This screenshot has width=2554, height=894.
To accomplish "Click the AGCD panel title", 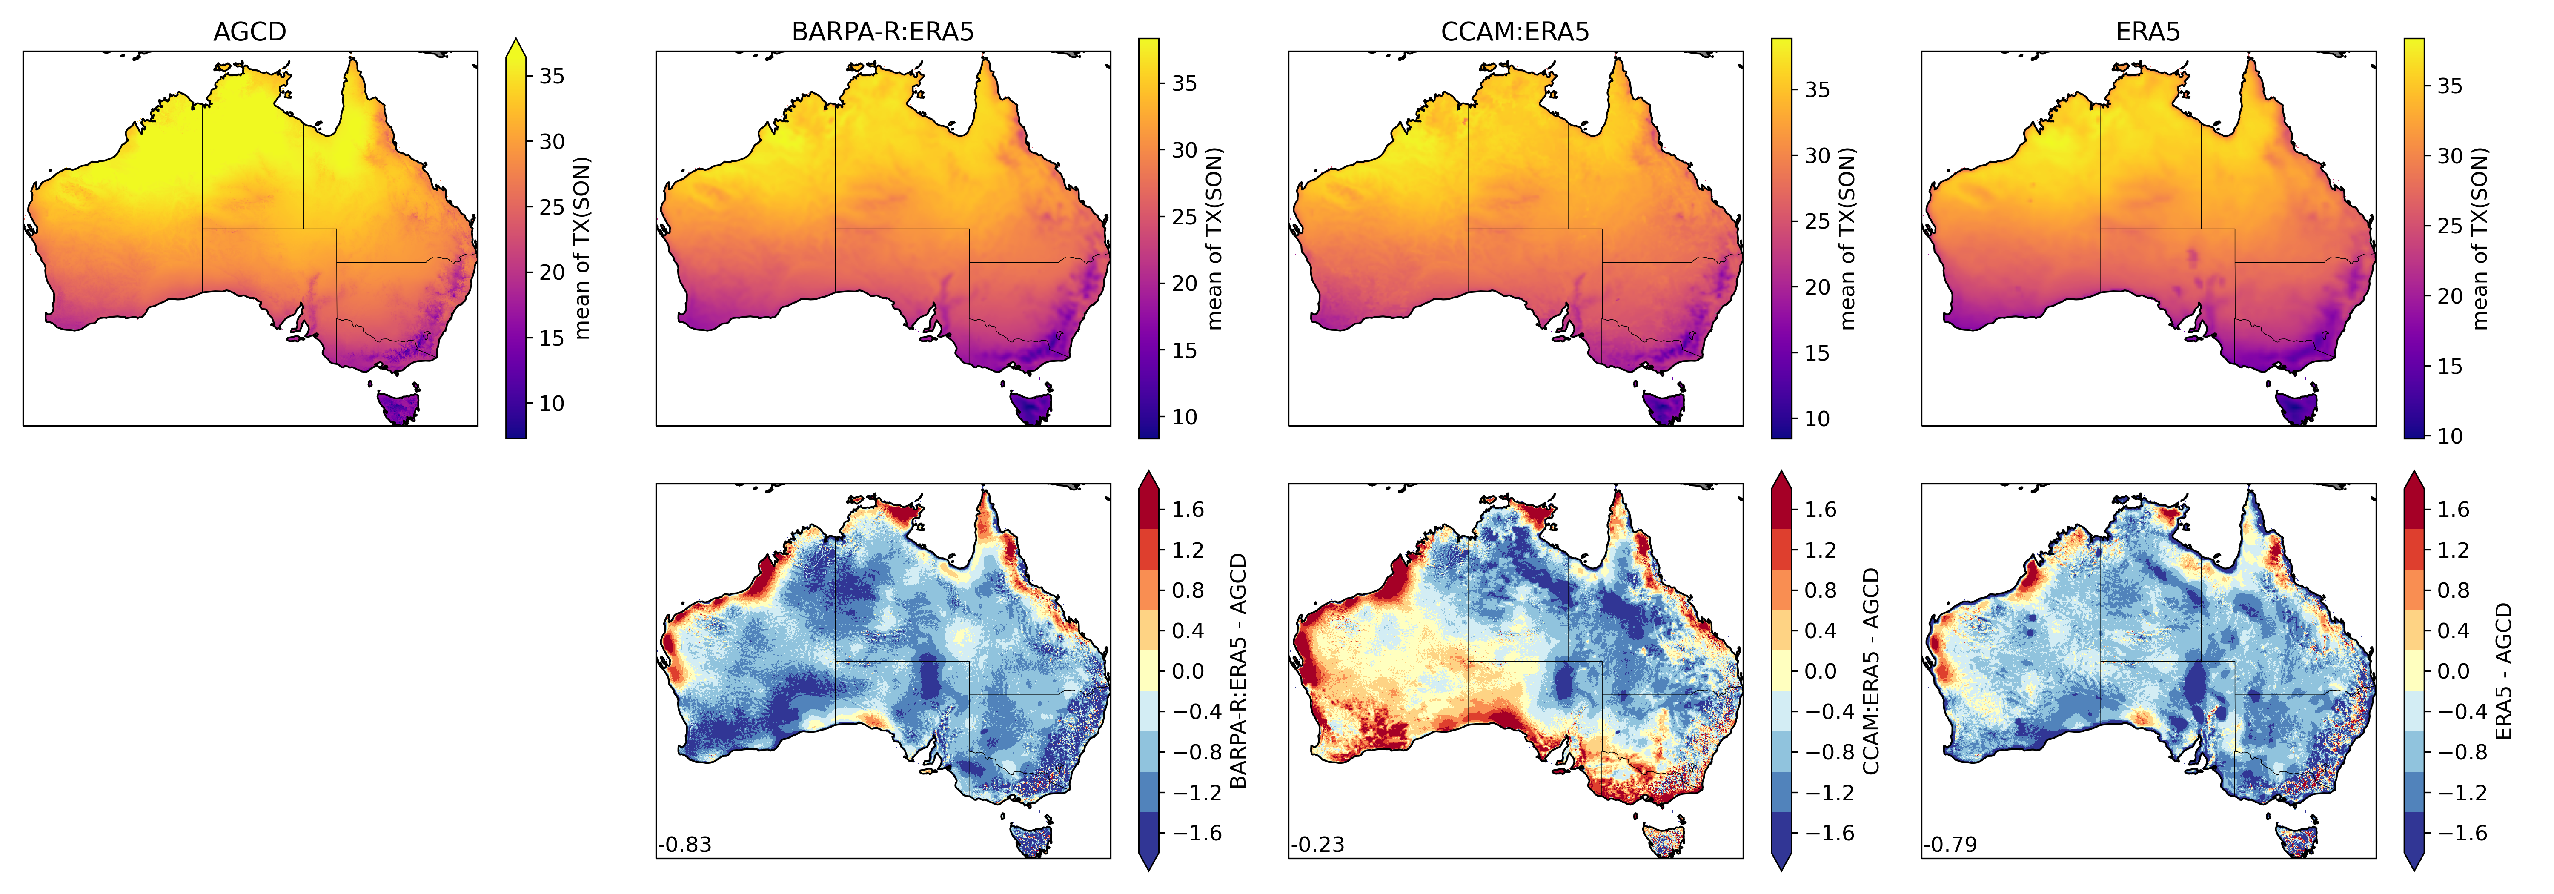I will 250,32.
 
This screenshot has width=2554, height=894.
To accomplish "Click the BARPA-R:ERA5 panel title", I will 882,32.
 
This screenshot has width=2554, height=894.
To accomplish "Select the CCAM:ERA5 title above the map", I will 1515,32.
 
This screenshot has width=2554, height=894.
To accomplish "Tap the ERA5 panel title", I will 2147,32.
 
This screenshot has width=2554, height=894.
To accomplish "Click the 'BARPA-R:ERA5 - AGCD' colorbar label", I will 1238,671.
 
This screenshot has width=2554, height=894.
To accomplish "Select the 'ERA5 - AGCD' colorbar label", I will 2503,671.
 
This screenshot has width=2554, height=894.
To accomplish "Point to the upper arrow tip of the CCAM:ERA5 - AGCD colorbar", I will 1781,474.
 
